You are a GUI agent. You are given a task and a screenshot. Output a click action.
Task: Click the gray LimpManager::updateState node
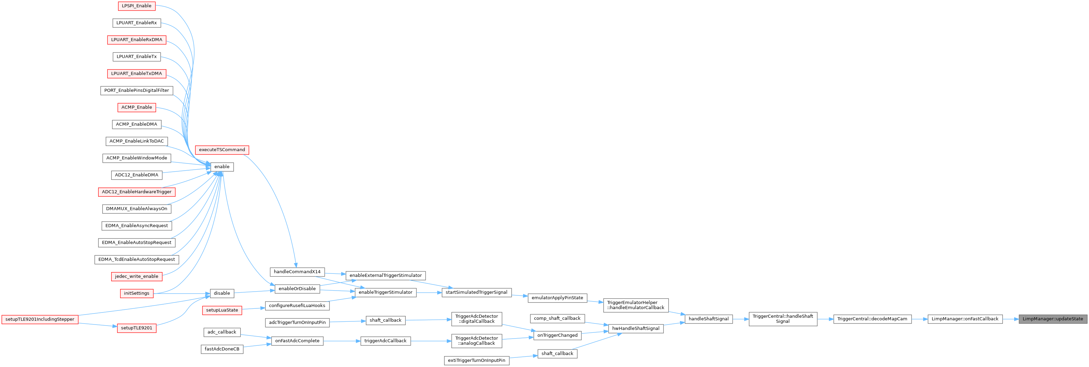pos(1053,319)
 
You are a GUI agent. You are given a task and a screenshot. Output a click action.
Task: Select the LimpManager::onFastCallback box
pos(965,319)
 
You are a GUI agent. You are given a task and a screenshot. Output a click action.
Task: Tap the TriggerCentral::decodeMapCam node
pos(872,319)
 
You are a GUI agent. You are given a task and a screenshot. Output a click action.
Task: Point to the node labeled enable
pos(222,167)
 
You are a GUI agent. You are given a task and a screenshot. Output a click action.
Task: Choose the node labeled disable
pos(222,293)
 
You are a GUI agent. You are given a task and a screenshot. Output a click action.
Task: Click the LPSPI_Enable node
pos(137,6)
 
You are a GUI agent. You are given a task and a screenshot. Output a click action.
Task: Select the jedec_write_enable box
pos(137,276)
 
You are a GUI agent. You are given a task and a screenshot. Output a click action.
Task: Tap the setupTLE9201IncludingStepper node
pos(40,319)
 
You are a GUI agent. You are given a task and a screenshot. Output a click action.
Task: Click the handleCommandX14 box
pos(297,271)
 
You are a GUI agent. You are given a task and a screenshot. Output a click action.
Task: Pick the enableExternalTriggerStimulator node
pos(385,276)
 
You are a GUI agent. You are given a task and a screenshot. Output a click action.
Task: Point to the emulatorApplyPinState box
pos(557,298)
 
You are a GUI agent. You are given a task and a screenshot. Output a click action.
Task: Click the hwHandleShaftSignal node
pos(636,329)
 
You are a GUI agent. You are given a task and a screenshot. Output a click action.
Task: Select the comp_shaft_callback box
pos(557,318)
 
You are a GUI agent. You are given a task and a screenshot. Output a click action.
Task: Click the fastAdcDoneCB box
pos(222,349)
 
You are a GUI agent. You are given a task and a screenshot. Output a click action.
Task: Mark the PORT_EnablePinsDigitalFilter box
pos(137,90)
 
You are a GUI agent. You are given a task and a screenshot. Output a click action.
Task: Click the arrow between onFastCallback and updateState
pos(1010,319)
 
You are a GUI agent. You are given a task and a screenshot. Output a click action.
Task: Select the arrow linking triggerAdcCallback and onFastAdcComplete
pos(342,341)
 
